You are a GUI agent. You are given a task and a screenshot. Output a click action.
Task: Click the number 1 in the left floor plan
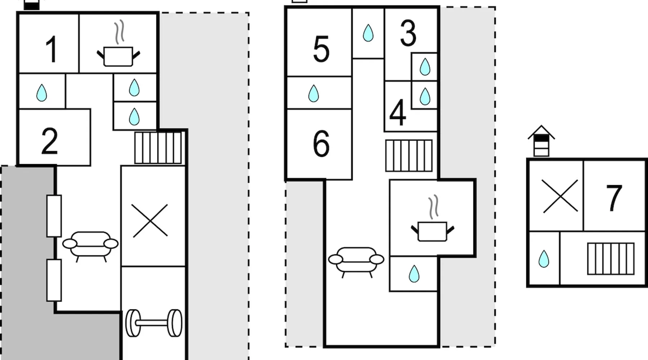point(51,49)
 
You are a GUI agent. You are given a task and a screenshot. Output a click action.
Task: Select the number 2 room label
point(50,141)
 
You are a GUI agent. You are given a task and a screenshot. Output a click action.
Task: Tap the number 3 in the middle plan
point(408,33)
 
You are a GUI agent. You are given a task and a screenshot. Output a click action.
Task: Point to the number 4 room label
point(398,112)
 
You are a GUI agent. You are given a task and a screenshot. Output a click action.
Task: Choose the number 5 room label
point(321,49)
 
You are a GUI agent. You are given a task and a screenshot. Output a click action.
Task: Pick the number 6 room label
point(321,143)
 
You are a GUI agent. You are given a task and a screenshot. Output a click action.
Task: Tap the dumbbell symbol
point(154,323)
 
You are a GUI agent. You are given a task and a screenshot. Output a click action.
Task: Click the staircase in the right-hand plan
point(611,258)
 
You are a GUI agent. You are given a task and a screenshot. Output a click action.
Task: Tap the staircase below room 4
point(409,156)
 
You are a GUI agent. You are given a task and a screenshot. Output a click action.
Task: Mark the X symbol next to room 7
point(560,196)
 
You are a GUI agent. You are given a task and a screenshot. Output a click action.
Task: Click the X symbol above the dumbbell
point(150,221)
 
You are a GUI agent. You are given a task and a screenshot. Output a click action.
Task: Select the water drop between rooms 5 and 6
point(314,93)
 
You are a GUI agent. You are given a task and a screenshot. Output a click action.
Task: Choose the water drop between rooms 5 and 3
point(368,33)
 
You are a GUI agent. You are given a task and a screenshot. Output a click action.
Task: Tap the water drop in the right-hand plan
point(544,259)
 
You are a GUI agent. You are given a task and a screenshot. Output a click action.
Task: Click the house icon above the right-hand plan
point(541,141)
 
